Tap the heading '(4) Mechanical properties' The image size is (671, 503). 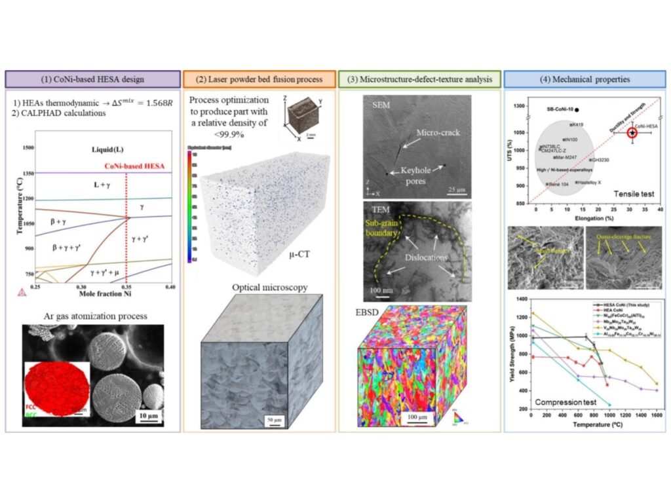point(585,79)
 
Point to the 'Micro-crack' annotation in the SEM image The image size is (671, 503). point(438,132)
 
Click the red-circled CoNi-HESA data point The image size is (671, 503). point(632,132)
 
